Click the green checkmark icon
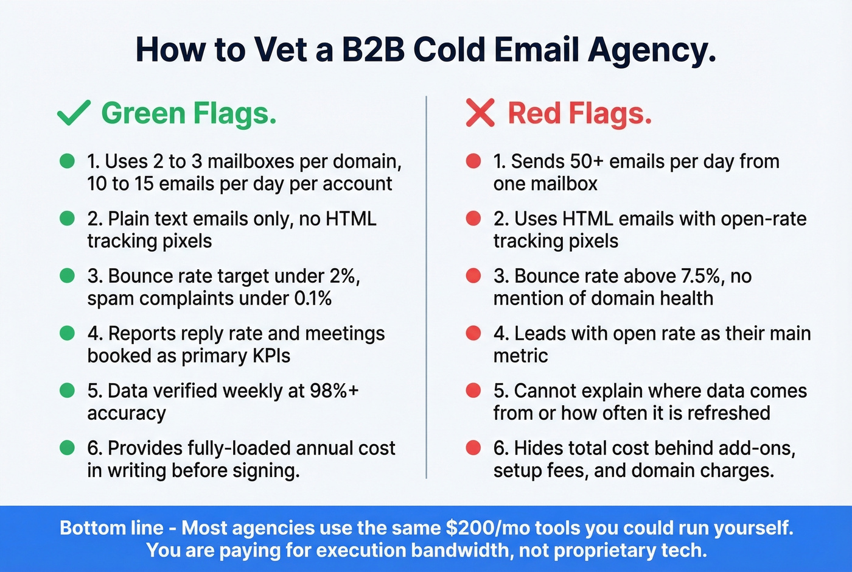(74, 113)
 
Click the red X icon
(480, 113)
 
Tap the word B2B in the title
(374, 50)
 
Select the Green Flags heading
(189, 113)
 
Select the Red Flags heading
(579, 113)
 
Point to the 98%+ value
(334, 390)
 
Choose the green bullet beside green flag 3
(67, 276)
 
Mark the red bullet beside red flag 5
(473, 390)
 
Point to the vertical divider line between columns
(426, 286)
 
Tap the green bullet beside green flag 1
(67, 161)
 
